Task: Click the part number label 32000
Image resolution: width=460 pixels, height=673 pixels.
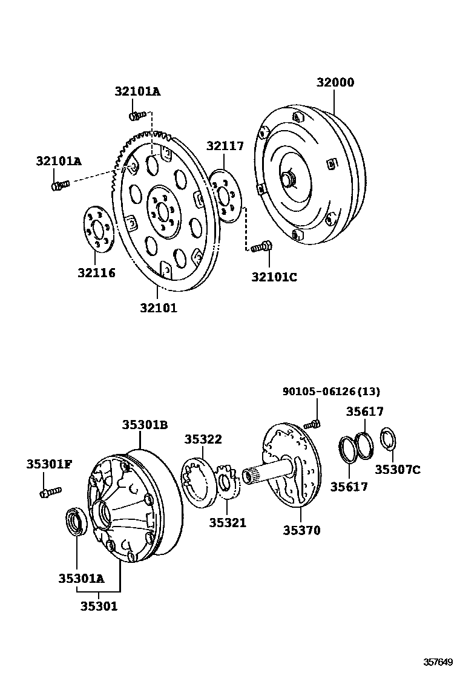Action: tap(335, 83)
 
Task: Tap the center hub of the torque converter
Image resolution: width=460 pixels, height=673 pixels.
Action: tap(287, 179)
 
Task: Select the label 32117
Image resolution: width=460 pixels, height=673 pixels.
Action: tap(225, 146)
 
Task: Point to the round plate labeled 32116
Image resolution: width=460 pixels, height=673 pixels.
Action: tap(97, 230)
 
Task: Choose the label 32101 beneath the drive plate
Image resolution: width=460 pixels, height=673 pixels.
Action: tap(159, 307)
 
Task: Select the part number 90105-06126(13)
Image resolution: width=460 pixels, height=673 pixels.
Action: tap(331, 392)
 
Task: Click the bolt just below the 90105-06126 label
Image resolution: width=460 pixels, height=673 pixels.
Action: tap(314, 424)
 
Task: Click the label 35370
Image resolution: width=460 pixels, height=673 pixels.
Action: tap(301, 530)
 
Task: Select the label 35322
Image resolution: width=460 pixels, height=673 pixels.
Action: tap(203, 439)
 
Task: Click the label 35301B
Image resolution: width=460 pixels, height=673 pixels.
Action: tap(144, 424)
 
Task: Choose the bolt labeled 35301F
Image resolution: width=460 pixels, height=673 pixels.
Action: tap(50, 492)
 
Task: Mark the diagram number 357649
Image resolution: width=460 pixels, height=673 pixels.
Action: tap(438, 662)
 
